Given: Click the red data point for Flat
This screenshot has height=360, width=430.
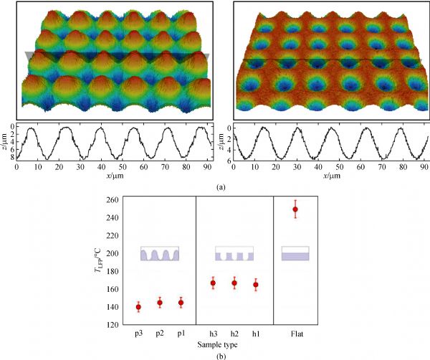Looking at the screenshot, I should pos(295,209).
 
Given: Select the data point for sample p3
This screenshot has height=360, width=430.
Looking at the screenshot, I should pos(138,307).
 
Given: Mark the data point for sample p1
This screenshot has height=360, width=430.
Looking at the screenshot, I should pos(181,303).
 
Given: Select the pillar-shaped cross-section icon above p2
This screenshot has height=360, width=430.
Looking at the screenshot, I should pos(160,255).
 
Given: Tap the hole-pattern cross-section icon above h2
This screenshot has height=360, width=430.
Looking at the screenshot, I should pos(234,255).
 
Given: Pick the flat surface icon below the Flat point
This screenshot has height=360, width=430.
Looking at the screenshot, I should pos(295,254).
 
